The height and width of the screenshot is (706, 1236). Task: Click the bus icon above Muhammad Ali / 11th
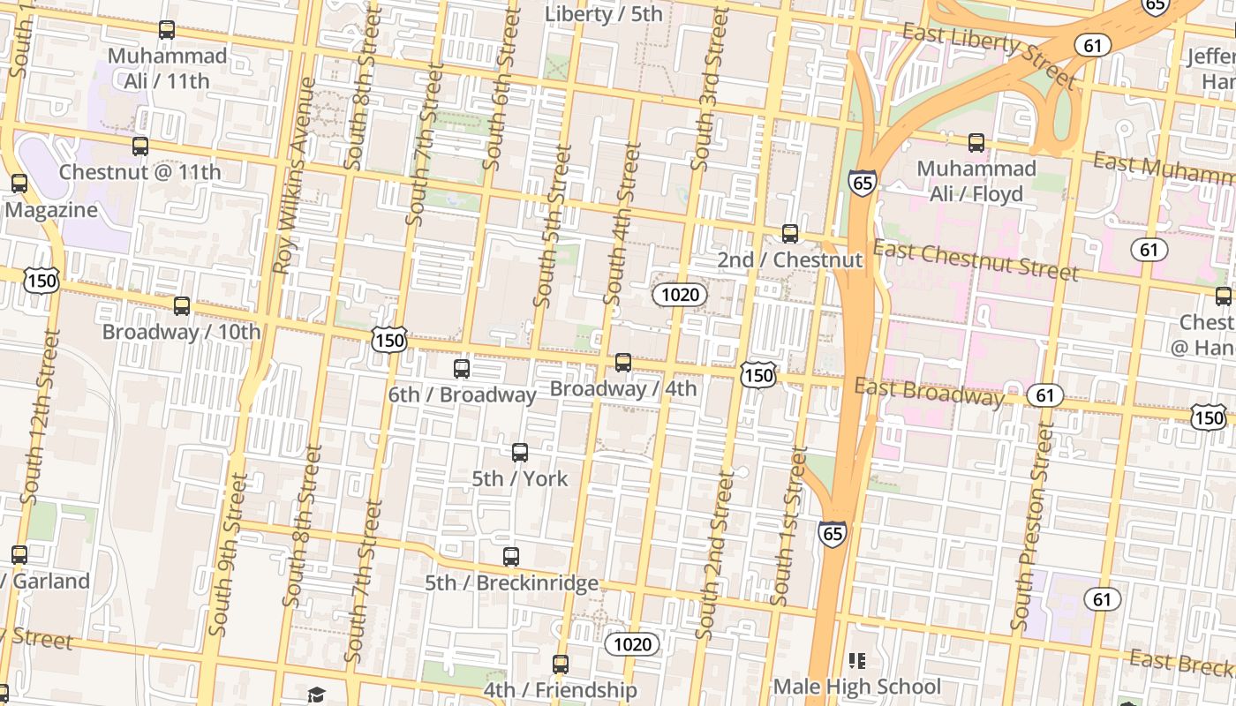pyautogui.click(x=166, y=30)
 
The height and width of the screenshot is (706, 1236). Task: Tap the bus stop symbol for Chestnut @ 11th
pyautogui.click(x=140, y=146)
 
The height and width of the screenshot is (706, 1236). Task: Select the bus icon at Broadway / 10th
pyautogui.click(x=182, y=306)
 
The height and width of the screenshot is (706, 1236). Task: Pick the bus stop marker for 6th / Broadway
pyautogui.click(x=462, y=369)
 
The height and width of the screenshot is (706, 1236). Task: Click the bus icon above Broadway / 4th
pyautogui.click(x=623, y=363)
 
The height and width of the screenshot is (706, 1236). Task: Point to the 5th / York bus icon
pyautogui.click(x=520, y=453)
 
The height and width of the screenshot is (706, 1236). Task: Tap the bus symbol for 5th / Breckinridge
pyautogui.click(x=511, y=557)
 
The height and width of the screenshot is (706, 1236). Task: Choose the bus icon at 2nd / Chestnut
pyautogui.click(x=790, y=234)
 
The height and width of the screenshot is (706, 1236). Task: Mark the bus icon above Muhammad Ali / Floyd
pyautogui.click(x=976, y=143)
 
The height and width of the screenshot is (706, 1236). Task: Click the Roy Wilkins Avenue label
pyautogui.click(x=294, y=176)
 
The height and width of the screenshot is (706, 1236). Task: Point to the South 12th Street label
pyautogui.click(x=40, y=417)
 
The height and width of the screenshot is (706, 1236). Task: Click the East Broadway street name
pyautogui.click(x=928, y=391)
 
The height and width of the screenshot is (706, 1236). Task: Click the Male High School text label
pyautogui.click(x=856, y=687)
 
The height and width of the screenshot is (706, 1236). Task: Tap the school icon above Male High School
pyautogui.click(x=856, y=660)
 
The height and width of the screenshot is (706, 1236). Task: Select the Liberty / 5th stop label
pyautogui.click(x=603, y=14)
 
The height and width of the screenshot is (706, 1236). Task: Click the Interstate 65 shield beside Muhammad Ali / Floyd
pyautogui.click(x=863, y=183)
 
